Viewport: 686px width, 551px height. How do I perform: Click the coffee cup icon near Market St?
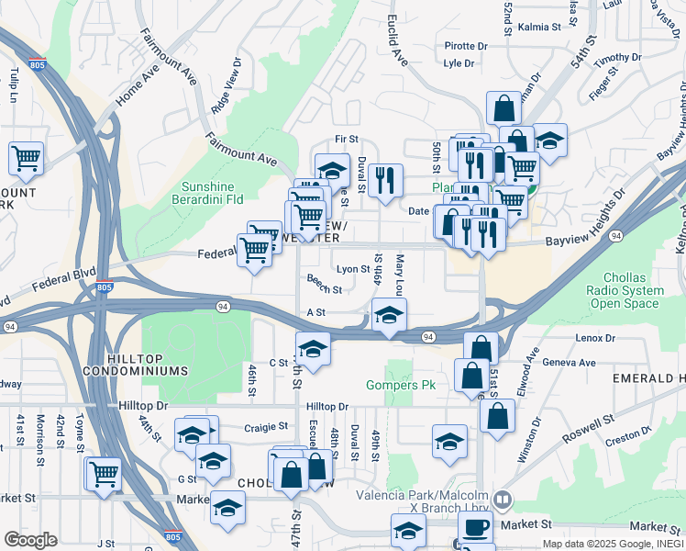(475, 528)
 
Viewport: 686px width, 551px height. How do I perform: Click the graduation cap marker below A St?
(390, 318)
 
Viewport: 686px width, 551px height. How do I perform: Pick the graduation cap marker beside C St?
(313, 350)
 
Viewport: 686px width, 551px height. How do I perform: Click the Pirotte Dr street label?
(465, 46)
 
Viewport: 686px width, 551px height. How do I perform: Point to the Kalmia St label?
(539, 28)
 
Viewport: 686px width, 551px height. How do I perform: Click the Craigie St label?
(267, 427)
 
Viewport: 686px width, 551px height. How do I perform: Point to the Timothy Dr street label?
(617, 60)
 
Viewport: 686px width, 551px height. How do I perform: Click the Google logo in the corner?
(30, 540)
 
